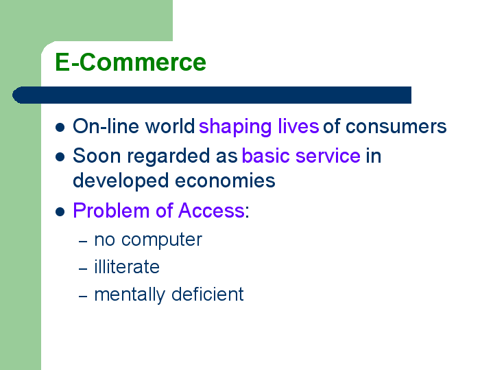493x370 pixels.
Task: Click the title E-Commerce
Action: point(130,62)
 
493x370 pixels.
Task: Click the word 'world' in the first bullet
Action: point(170,126)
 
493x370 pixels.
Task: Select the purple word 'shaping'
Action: point(235,127)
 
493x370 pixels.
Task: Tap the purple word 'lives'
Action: point(298,126)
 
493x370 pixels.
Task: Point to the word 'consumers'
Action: point(396,127)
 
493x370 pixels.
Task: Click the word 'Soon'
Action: point(97,156)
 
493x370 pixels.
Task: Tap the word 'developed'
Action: point(121,181)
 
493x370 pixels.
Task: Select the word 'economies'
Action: point(225,181)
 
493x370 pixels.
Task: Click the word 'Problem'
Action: point(111,210)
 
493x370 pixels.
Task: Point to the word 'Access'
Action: point(211,210)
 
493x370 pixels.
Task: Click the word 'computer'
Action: point(162,240)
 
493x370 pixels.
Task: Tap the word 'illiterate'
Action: point(127,267)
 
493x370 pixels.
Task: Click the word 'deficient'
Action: point(208,294)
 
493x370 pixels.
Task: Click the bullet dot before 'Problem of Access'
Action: point(60,211)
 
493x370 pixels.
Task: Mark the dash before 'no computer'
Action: point(83,242)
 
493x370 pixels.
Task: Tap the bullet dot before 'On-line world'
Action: point(60,128)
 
